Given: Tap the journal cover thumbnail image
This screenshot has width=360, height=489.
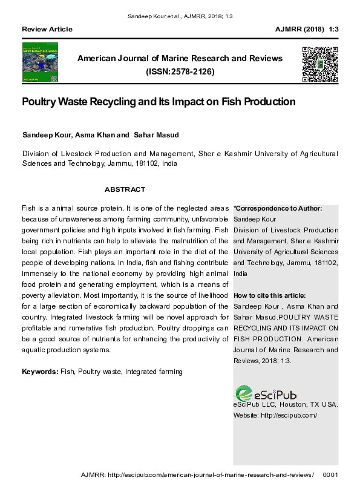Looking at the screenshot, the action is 40,63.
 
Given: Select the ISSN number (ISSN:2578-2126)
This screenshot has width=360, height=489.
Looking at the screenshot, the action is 180,71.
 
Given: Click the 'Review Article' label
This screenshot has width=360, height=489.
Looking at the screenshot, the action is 47,29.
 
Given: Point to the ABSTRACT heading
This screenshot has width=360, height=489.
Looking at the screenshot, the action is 125,189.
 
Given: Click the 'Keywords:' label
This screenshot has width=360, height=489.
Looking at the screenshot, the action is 40,371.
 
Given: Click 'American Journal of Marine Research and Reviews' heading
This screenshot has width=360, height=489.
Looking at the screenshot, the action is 180,59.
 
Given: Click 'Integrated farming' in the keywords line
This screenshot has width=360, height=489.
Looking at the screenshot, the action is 154,371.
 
